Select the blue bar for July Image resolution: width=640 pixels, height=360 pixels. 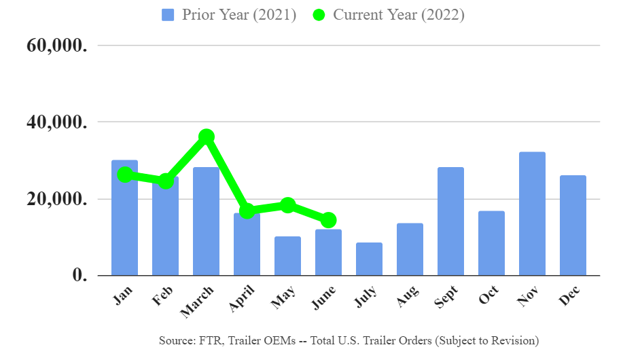369,259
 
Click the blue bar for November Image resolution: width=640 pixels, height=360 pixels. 532,214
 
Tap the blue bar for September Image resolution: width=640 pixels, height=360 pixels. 450,221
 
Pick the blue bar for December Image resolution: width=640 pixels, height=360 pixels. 573,226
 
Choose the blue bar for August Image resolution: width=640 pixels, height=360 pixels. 410,249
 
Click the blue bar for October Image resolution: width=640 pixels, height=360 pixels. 491,243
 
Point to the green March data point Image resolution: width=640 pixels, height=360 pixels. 207,137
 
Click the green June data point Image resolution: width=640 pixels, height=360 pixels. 329,219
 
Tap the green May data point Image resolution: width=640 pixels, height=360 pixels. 287,205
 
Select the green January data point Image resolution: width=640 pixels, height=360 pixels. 124,175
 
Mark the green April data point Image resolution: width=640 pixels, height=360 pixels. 247,211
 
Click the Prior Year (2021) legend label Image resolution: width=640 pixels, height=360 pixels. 238,15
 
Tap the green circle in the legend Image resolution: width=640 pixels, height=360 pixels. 319,15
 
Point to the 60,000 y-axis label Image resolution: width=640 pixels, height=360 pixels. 56,46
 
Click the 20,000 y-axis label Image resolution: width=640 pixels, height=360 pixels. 56,199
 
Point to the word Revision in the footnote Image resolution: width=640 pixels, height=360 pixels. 515,340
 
